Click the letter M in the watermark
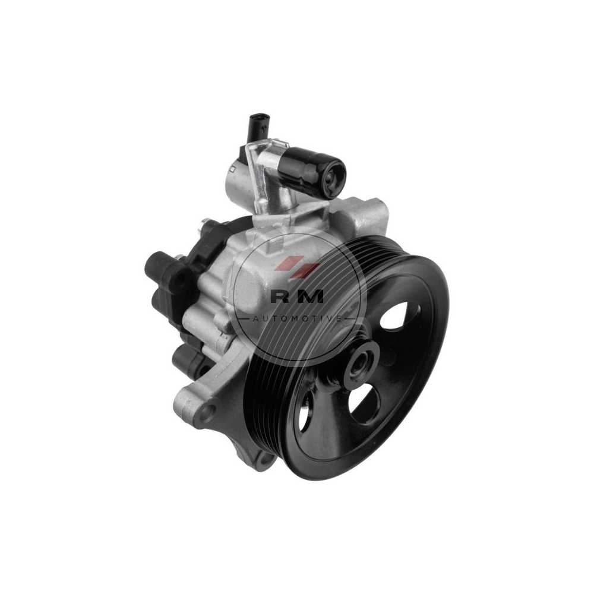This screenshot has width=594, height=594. [309, 296]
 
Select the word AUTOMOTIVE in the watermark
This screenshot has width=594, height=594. [298, 318]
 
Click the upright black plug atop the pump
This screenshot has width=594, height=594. [258, 127]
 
